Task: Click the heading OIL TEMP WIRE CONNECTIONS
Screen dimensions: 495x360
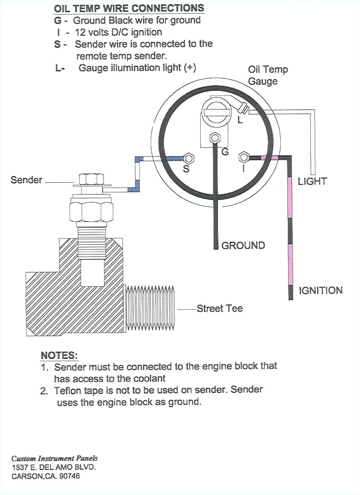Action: coord(129,9)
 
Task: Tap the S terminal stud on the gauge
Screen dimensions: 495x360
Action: coord(186,158)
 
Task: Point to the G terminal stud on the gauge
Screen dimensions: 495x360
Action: coord(215,137)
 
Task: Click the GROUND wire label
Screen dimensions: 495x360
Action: coord(243,245)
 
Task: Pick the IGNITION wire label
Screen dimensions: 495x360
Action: coord(320,290)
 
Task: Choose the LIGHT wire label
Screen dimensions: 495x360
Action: coord(312,181)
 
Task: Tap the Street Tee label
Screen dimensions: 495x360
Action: coord(220,308)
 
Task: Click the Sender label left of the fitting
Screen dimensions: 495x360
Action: coord(27,180)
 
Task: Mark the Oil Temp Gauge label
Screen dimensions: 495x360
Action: coord(267,75)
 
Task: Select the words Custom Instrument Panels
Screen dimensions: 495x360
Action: coord(54,458)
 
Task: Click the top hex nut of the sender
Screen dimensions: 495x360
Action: coord(91,179)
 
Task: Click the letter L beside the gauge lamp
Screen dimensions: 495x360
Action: coord(240,120)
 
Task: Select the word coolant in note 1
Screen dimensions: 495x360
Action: coord(148,378)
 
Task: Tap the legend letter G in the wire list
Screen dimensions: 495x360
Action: coord(58,21)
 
